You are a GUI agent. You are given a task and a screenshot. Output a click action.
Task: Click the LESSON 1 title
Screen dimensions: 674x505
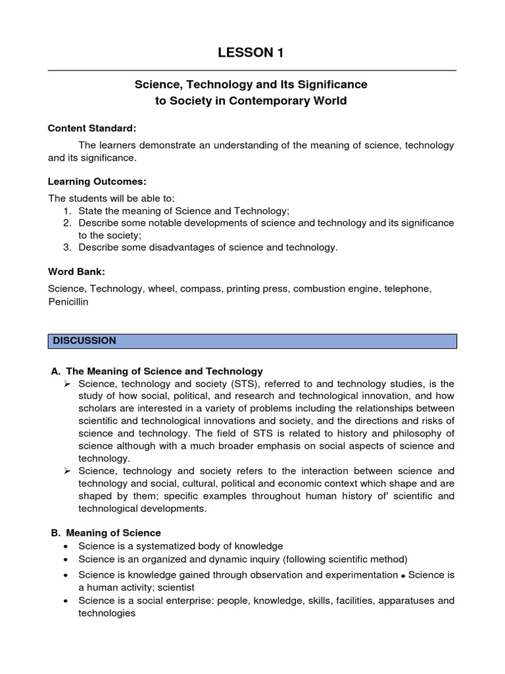(x=252, y=53)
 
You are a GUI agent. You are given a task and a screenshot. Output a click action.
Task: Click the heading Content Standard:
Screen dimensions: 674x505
(x=92, y=128)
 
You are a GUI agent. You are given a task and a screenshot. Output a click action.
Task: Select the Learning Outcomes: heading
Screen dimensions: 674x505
(x=97, y=181)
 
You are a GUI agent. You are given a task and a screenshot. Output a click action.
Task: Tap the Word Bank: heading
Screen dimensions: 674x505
(x=76, y=271)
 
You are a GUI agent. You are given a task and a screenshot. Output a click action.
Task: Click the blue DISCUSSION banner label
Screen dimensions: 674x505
(x=84, y=341)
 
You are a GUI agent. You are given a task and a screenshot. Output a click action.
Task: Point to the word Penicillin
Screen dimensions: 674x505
(x=68, y=301)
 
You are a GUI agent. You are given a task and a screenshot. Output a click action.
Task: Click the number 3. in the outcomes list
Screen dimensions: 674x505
(x=67, y=247)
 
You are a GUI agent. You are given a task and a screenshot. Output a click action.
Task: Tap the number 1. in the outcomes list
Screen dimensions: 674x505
(x=67, y=211)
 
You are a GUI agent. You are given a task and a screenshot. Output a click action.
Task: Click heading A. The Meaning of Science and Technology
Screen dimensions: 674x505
(x=157, y=371)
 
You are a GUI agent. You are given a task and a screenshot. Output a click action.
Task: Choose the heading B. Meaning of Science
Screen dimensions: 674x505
(x=106, y=532)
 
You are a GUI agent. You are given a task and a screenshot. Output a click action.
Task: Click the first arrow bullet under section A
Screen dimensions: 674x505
(x=67, y=384)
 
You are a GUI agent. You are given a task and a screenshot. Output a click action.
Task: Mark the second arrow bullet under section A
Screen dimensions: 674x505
(x=67, y=471)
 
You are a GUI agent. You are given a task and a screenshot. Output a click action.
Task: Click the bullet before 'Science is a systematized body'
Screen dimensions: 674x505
(x=67, y=546)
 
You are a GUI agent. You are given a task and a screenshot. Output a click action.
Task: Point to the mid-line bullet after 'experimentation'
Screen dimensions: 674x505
(x=403, y=575)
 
